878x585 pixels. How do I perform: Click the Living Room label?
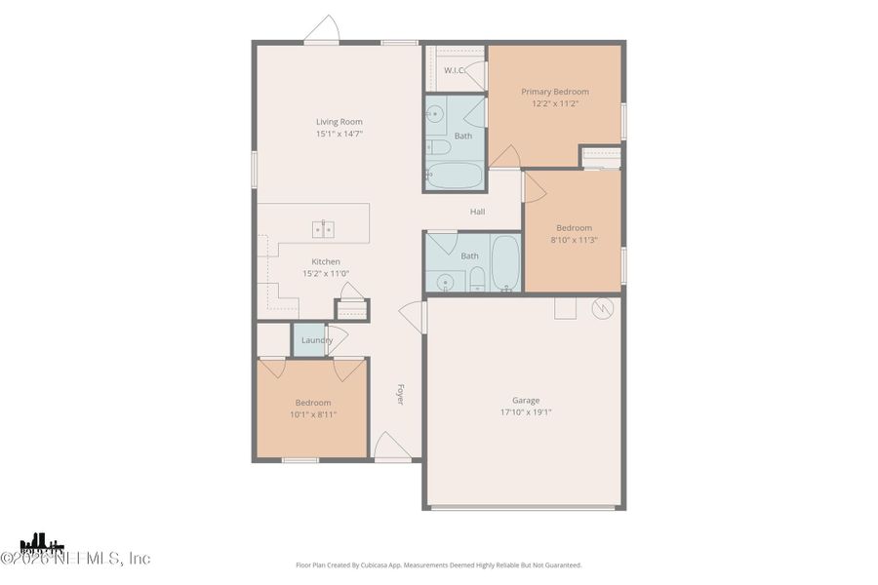[x=339, y=122]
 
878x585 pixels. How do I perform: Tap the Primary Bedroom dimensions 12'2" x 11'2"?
[x=554, y=103]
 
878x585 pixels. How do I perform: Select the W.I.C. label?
[x=454, y=70]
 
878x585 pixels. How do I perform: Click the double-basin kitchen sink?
[x=323, y=229]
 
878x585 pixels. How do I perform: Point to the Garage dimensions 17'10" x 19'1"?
[x=526, y=411]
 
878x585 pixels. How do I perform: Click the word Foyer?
[x=400, y=394]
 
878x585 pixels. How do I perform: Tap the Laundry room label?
[x=316, y=340]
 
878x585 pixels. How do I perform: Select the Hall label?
[x=478, y=212]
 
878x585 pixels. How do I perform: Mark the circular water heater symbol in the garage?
[x=603, y=307]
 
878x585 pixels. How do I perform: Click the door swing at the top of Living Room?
[x=322, y=30]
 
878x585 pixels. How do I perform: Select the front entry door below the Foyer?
[x=390, y=447]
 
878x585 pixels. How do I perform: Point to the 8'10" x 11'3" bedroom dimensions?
[x=574, y=240]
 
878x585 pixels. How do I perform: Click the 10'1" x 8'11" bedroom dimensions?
[x=313, y=414]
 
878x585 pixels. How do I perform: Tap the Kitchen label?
[x=326, y=261]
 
